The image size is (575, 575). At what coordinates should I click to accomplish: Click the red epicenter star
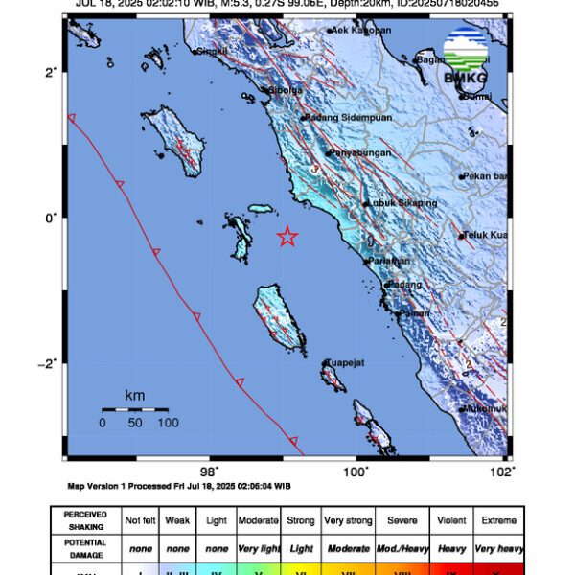pyautogui.click(x=287, y=237)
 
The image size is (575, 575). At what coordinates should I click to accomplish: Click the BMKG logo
pyautogui.click(x=466, y=57)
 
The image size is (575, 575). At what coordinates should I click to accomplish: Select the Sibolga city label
pyautogui.click(x=285, y=90)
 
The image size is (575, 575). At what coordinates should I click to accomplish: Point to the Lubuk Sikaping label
pyautogui.click(x=402, y=203)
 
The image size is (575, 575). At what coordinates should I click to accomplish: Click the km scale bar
pyautogui.click(x=135, y=409)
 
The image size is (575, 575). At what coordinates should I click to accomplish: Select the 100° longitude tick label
pyautogui.click(x=356, y=471)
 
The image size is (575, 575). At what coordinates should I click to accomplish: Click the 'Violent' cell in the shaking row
pyautogui.click(x=451, y=520)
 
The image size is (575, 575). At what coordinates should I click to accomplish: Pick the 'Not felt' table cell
pyautogui.click(x=141, y=520)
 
